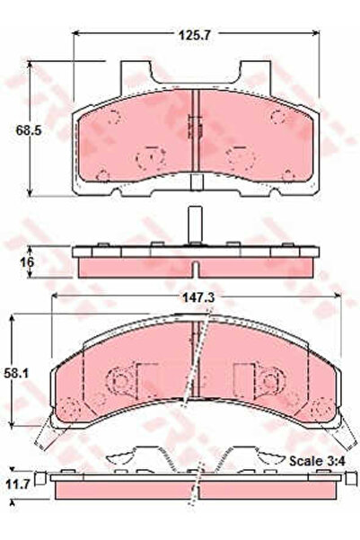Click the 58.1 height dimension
click(29, 372)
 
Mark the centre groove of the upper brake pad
click(195, 135)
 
